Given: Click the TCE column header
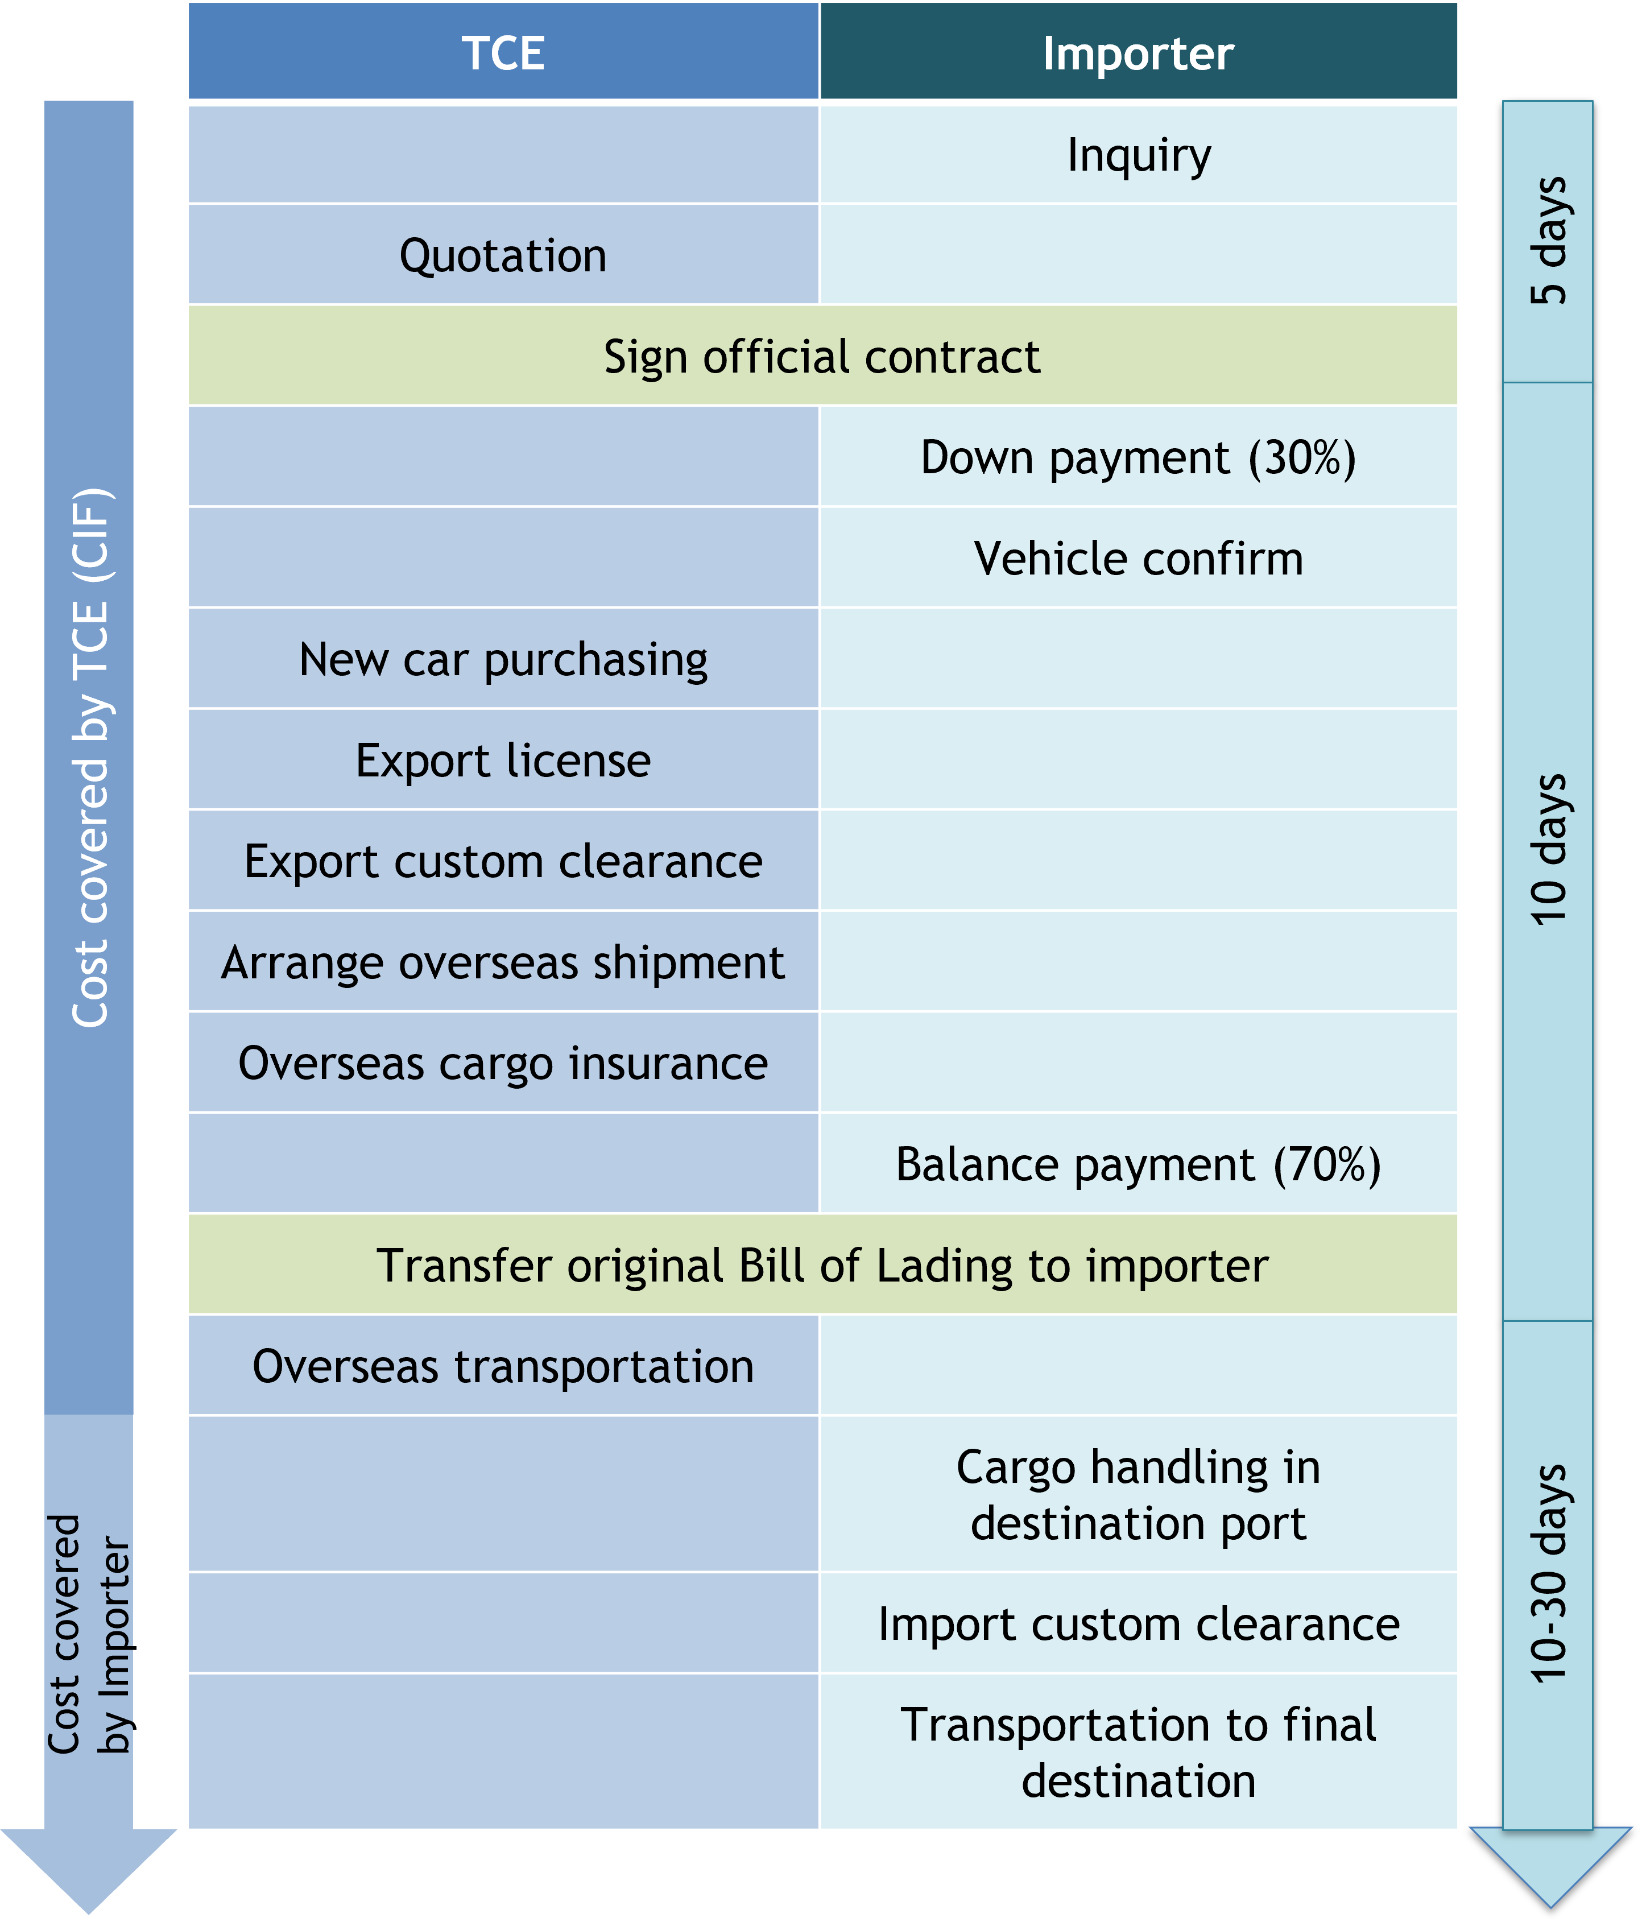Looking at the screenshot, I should [503, 53].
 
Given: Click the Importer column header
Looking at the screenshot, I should [1138, 53].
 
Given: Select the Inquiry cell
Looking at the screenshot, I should [1138, 155].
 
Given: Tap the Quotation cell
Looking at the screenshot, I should [503, 255].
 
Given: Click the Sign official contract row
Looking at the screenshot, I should [822, 356].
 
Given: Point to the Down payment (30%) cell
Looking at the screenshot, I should [1138, 457].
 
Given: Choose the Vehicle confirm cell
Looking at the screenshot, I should [1138, 559].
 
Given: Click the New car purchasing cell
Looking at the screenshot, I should [503, 659].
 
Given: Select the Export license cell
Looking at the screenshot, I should [503, 760].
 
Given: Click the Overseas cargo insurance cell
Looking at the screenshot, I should [503, 1063].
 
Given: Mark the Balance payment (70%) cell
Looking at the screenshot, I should [1138, 1164].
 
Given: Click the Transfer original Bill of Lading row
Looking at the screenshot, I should [822, 1265].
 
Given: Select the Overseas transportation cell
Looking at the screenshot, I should [503, 1366].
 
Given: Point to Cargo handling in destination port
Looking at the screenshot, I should [1138, 1494].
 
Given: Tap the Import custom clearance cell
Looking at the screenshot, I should [1138, 1623].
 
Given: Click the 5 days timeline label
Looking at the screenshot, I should [1548, 241].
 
